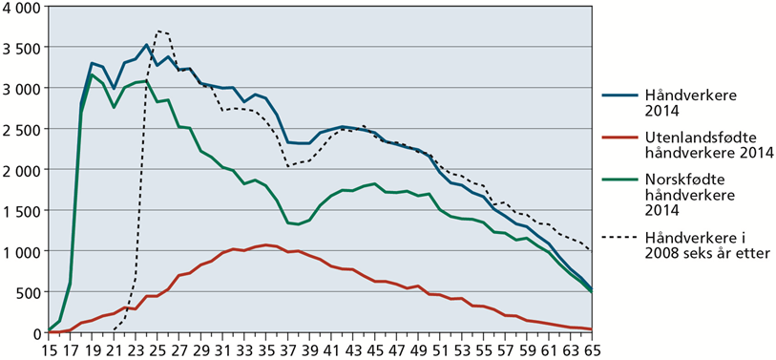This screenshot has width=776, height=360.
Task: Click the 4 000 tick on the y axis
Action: pyautogui.click(x=21, y=7)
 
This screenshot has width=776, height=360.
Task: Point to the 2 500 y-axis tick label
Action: pyautogui.click(x=21, y=129)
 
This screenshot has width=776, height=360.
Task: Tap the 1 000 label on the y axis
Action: pyautogui.click(x=21, y=251)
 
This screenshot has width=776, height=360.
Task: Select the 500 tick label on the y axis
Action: pyautogui.click(x=28, y=292)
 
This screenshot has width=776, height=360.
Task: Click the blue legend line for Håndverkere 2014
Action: pyautogui.click(x=620, y=95)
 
